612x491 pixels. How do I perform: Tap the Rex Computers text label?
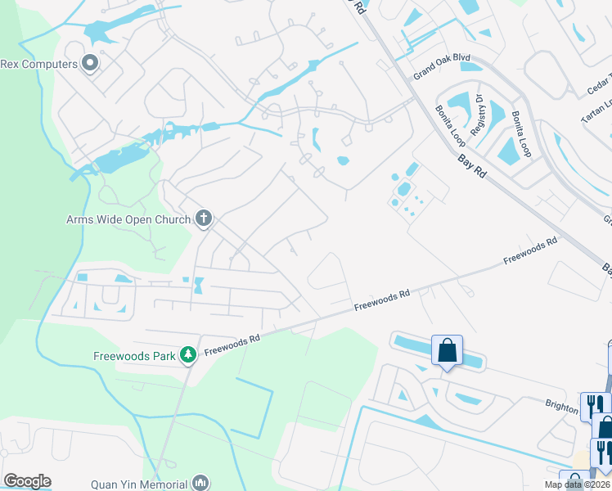click(x=38, y=64)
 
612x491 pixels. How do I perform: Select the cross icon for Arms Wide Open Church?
click(x=204, y=218)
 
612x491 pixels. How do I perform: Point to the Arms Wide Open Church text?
click(x=129, y=219)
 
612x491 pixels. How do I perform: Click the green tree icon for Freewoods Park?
click(x=188, y=354)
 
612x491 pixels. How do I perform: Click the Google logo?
click(x=27, y=481)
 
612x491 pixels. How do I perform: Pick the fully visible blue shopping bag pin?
click(x=447, y=350)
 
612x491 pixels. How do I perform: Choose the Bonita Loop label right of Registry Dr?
click(x=521, y=134)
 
